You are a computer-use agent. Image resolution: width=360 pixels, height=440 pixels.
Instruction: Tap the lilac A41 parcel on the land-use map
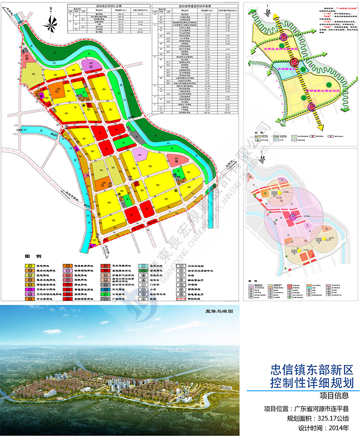pos(140,156)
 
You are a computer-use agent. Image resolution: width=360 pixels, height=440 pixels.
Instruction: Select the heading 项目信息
pos(335,396)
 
